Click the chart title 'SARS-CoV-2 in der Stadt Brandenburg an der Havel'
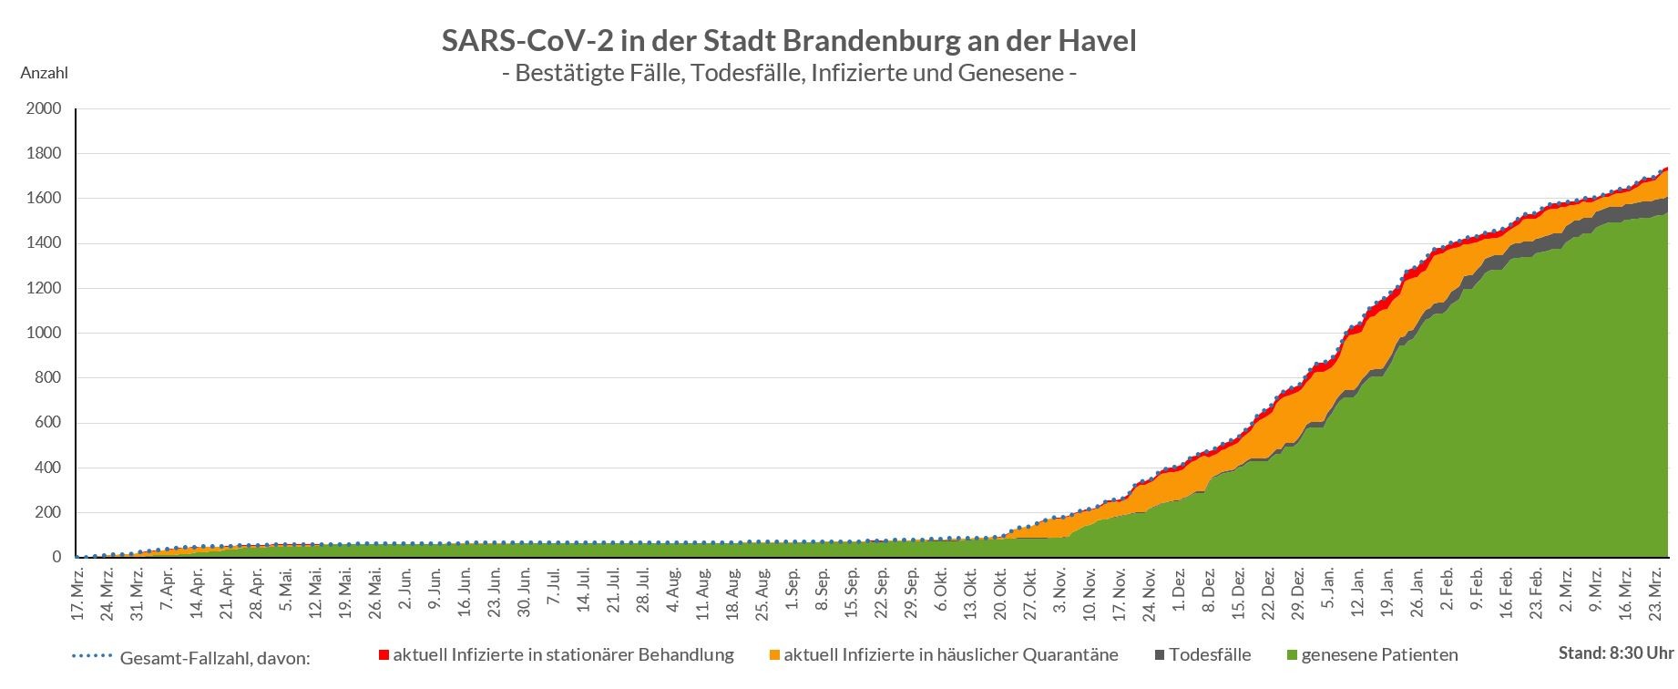(789, 41)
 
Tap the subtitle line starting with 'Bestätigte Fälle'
(789, 73)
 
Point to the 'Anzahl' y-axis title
(44, 73)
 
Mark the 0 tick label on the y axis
(56, 558)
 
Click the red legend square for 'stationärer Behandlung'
(384, 655)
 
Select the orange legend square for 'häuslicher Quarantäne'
(774, 655)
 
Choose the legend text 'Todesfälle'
(1210, 655)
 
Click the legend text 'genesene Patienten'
(1379, 655)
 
